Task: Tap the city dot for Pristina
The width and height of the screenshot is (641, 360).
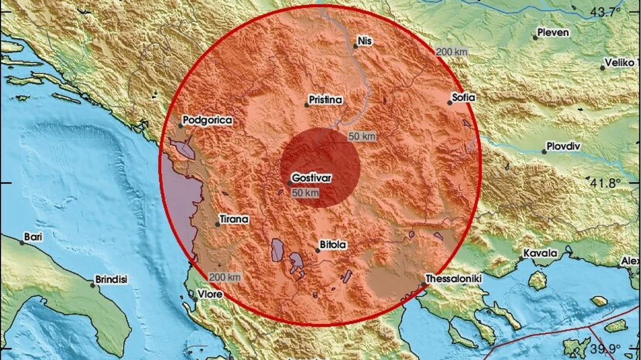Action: point(307,105)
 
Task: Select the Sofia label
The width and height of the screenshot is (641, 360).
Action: point(463,97)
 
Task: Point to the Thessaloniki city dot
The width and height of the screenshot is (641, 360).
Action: point(424,284)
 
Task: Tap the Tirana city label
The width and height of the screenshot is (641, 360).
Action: point(234,219)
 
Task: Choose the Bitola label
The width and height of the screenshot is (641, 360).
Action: point(333,246)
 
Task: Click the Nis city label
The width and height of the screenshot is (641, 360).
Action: point(365,41)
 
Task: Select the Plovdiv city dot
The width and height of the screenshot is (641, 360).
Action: point(544,151)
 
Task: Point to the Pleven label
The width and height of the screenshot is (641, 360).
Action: point(553,32)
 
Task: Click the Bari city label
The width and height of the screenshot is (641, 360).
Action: point(33,237)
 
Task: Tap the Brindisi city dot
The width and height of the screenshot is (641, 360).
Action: point(93,284)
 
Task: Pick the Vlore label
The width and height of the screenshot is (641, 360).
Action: point(210,294)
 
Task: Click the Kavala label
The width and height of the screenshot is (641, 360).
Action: point(540,253)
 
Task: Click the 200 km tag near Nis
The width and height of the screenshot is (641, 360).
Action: point(452,52)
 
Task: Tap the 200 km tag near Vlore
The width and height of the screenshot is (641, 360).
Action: point(224,277)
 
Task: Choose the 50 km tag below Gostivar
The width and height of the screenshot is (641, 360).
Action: point(305,193)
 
